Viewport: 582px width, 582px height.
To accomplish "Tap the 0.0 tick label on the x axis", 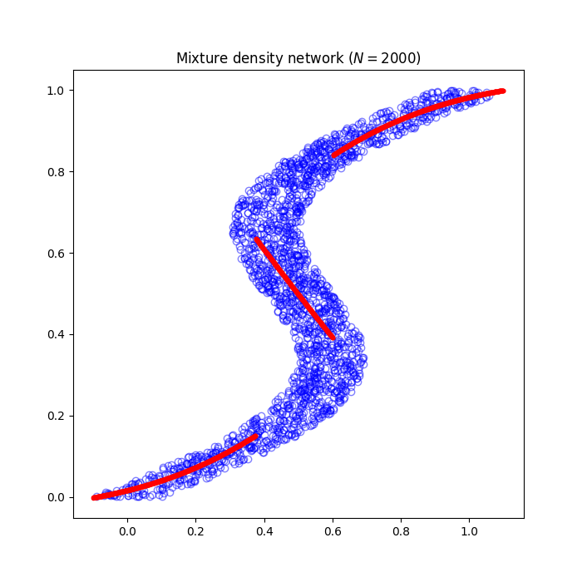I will tap(127, 530).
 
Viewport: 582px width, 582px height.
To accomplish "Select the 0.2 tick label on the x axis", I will tap(195, 530).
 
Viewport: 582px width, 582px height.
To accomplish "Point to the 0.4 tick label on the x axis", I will tap(264, 530).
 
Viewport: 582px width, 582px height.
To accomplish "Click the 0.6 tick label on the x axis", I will tap(333, 530).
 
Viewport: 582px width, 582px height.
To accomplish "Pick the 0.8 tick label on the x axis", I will tap(401, 530).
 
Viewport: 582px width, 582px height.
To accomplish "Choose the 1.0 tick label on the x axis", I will tap(469, 530).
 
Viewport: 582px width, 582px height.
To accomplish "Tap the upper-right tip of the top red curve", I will tap(502, 91).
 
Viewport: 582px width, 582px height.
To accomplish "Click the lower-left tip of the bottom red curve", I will tap(94, 497).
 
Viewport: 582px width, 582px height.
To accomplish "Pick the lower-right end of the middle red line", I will tap(333, 337).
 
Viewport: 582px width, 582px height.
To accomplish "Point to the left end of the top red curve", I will tap(334, 155).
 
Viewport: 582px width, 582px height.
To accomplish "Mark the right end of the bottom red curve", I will tap(256, 435).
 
